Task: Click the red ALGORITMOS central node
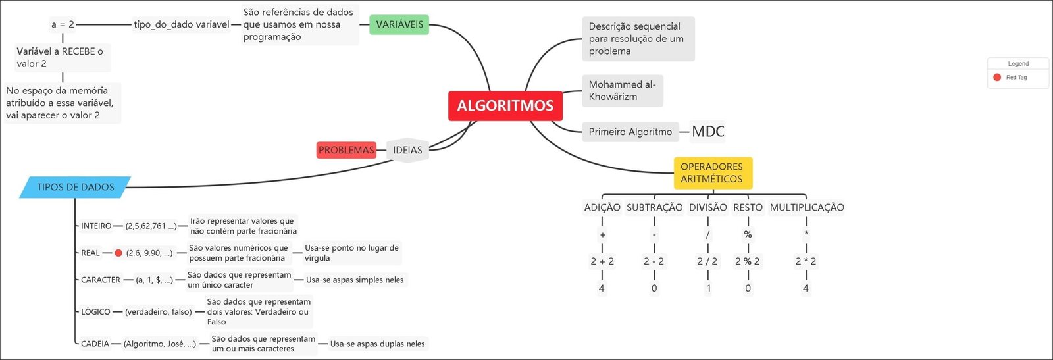coord(505,106)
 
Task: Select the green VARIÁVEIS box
coord(399,25)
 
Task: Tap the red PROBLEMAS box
coord(346,150)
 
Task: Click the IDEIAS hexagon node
coord(407,150)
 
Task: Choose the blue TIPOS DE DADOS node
coord(75,188)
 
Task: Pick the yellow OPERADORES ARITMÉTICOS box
coord(712,173)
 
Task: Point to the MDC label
coord(708,132)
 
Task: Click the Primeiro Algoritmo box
coord(630,132)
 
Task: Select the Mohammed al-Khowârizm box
coord(622,91)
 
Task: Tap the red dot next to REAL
coord(118,253)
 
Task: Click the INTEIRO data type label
coord(96,226)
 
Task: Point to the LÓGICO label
coord(95,312)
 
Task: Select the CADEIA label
coord(95,344)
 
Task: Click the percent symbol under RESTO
coord(748,235)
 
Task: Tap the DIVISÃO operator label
coord(707,208)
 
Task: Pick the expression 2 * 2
coord(806,261)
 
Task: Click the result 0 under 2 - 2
coord(654,288)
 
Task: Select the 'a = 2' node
coord(63,25)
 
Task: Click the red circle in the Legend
coord(997,78)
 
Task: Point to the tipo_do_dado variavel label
coord(182,25)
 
